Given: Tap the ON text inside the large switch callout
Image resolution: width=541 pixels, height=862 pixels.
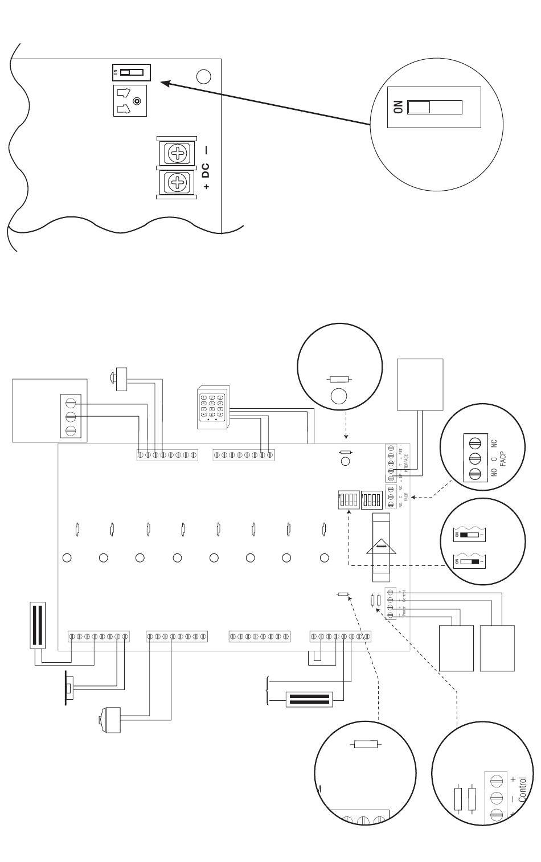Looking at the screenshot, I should click(397, 108).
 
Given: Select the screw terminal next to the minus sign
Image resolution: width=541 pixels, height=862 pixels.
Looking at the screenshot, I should click(179, 153).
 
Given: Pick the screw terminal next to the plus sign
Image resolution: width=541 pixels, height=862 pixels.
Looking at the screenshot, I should click(179, 183).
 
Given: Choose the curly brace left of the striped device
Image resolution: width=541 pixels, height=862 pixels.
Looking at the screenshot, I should click(268, 689).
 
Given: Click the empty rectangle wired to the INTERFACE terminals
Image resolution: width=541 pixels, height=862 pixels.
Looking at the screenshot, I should click(420, 384).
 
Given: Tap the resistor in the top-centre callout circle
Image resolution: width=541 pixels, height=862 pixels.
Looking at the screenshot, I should click(340, 379).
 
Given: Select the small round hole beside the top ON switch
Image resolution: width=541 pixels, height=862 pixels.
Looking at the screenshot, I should click(203, 76).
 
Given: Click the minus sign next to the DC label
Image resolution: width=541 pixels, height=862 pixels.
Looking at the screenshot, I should click(206, 150).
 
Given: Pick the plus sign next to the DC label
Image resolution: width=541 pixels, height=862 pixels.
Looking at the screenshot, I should click(206, 187).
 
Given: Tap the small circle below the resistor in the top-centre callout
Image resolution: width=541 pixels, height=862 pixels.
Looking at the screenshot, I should click(338, 396).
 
